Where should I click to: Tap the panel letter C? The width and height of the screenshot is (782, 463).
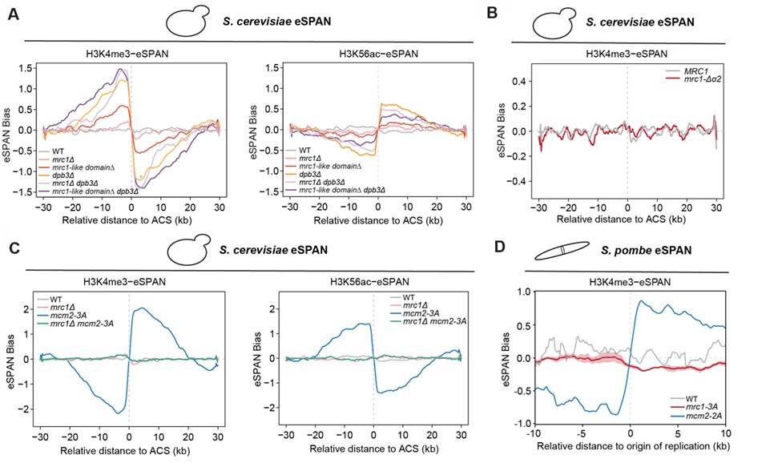pos(14,248)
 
